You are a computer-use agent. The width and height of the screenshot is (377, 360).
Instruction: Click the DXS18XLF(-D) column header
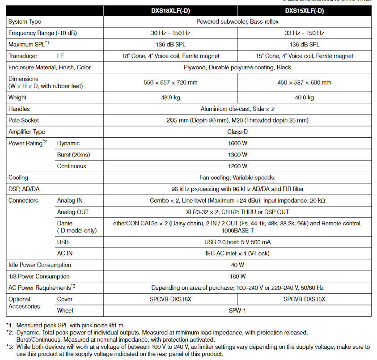click(x=170, y=10)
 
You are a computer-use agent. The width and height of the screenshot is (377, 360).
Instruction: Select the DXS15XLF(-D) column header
click(x=304, y=10)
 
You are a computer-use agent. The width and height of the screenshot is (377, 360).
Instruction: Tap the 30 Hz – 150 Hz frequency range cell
click(x=170, y=33)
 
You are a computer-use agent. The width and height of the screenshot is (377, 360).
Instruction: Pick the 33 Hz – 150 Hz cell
click(x=304, y=33)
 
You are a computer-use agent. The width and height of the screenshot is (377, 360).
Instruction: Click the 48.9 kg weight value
click(x=170, y=97)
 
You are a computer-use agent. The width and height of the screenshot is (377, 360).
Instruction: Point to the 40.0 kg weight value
click(x=304, y=97)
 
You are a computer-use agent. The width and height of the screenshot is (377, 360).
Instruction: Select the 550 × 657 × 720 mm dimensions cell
click(x=170, y=83)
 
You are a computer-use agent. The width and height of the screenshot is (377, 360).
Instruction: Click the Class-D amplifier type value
click(x=237, y=132)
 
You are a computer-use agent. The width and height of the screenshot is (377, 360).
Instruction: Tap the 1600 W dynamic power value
click(x=237, y=144)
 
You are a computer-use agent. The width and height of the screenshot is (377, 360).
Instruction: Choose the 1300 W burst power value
click(x=237, y=155)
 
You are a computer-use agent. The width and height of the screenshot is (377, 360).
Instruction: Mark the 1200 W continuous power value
click(x=237, y=166)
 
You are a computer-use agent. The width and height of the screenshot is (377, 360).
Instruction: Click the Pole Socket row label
click(x=24, y=120)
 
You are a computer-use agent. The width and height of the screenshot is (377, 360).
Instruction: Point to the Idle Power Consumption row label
click(x=40, y=265)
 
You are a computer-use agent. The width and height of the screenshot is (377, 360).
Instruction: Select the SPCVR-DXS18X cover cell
click(x=170, y=299)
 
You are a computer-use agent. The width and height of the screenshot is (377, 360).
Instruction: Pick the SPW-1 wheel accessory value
click(x=237, y=311)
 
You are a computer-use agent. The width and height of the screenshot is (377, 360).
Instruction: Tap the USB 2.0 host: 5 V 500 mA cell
click(x=237, y=242)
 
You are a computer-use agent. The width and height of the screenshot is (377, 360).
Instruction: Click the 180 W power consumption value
click(x=237, y=276)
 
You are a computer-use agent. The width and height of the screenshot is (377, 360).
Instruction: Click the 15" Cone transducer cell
click(x=304, y=56)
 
